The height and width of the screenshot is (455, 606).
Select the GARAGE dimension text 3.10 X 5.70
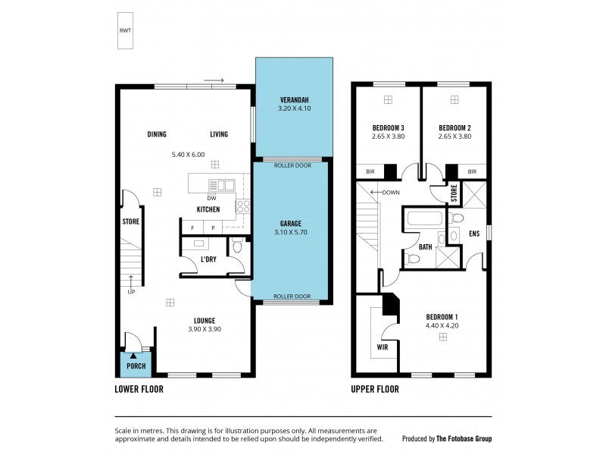[x=291, y=233]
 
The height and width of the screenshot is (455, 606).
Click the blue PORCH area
[x=136, y=365]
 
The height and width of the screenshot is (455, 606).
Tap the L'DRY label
[x=209, y=260]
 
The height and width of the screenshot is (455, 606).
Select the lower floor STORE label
[x=131, y=222]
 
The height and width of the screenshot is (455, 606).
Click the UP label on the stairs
[x=133, y=291]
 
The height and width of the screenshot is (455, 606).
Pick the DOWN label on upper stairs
[x=391, y=193]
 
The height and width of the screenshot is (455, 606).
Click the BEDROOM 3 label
[x=388, y=127]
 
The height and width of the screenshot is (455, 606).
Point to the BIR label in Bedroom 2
[x=472, y=172]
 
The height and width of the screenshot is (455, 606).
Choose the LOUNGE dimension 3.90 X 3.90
[x=205, y=330]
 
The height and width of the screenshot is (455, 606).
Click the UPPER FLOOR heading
[x=376, y=389]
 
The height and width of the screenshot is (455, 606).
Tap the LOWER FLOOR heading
[x=139, y=389]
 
